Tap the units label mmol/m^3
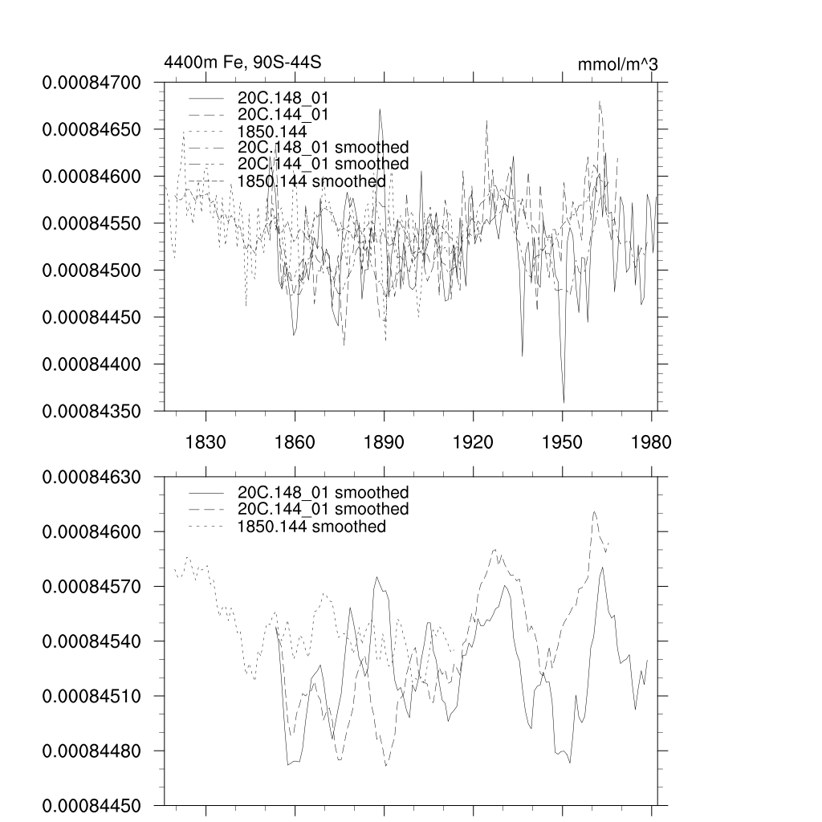[x=617, y=64]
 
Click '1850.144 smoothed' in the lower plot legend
[x=311, y=527]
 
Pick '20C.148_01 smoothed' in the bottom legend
[x=323, y=492]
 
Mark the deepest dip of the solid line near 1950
[x=564, y=401]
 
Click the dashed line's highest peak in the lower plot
[x=594, y=511]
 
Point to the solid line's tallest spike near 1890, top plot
[x=380, y=109]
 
